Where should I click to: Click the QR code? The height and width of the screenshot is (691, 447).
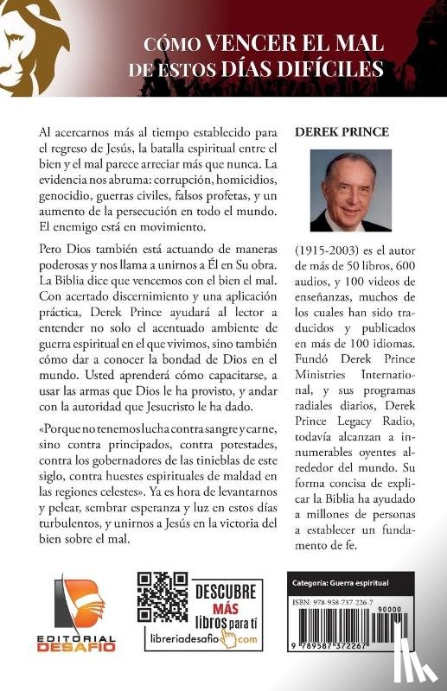(x=162, y=598)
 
